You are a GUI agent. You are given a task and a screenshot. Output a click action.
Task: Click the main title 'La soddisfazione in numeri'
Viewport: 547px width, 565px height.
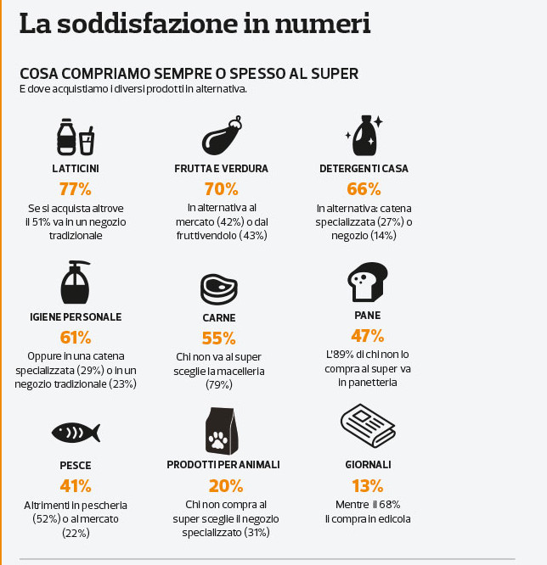click(195, 23)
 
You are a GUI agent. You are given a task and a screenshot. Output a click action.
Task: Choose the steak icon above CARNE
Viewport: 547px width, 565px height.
click(218, 288)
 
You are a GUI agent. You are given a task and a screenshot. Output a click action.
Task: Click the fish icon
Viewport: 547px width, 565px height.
click(76, 432)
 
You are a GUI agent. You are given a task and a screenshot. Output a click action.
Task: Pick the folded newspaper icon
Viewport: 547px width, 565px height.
click(369, 427)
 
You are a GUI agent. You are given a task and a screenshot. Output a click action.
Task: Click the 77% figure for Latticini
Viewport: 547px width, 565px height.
click(75, 188)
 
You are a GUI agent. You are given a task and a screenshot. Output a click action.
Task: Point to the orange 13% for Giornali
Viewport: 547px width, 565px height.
click(368, 485)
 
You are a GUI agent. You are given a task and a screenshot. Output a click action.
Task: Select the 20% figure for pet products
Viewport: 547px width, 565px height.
click(226, 485)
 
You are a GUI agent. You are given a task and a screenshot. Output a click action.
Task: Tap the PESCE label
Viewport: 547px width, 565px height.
click(76, 466)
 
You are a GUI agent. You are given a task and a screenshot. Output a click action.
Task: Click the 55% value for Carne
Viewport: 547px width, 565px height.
click(218, 338)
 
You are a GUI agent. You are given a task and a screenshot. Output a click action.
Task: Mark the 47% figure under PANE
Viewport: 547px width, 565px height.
click(368, 335)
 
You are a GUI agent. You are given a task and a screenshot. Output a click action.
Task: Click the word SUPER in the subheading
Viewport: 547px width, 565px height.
click(333, 74)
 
